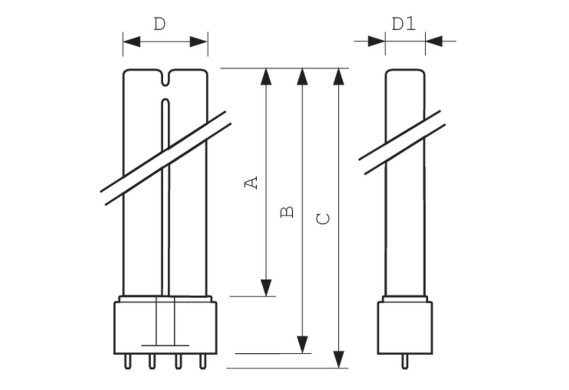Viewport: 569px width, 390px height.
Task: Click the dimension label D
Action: click(159, 25)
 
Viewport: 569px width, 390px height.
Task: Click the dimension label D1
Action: click(404, 24)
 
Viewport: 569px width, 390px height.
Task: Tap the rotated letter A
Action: click(253, 183)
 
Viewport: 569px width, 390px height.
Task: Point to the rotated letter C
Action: click(323, 218)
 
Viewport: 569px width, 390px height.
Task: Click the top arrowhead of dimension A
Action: click(267, 77)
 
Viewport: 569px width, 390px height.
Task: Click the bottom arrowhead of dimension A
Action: click(267, 288)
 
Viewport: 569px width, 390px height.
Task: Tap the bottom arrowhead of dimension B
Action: click(302, 344)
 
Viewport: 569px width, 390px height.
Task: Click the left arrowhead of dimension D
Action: click(132, 42)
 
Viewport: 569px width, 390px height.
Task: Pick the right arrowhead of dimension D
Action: click(199, 42)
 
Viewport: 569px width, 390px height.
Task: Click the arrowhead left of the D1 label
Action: click(377, 41)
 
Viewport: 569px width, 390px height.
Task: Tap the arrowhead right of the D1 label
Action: click(434, 41)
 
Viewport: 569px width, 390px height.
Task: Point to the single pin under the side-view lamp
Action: click(405, 361)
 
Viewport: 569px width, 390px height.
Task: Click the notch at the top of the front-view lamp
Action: click(165, 78)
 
